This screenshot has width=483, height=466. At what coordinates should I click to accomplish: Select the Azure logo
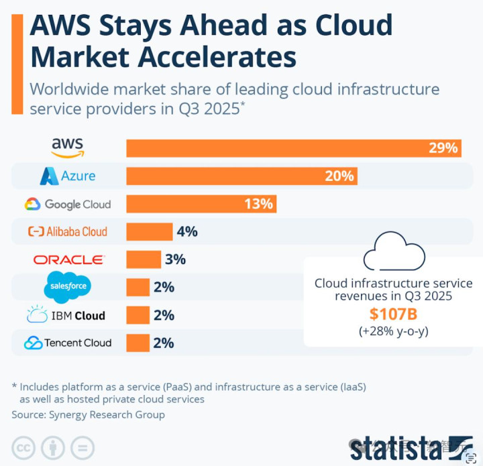tap(68, 176)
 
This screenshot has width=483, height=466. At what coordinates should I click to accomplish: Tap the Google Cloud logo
tap(68, 204)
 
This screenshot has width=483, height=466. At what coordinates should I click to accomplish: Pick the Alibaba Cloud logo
tap(68, 231)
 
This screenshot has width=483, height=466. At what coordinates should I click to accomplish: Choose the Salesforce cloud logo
tap(67, 287)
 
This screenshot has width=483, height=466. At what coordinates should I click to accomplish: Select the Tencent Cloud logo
tap(68, 343)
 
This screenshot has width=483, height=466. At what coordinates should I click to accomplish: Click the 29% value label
tap(443, 148)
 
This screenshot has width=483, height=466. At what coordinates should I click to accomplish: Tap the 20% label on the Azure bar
tap(339, 176)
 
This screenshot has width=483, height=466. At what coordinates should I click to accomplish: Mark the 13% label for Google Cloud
tap(259, 204)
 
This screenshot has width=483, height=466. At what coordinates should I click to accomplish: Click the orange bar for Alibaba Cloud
tap(150, 231)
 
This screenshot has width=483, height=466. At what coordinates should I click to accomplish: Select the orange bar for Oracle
tap(144, 259)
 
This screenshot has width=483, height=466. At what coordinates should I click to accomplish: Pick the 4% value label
tap(186, 231)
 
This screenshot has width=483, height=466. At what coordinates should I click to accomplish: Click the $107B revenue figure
tap(393, 314)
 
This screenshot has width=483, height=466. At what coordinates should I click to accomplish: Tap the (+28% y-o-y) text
tap(393, 331)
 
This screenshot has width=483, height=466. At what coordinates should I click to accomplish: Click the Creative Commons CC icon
tap(23, 448)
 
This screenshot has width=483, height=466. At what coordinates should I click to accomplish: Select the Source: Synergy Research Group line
tap(88, 414)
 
